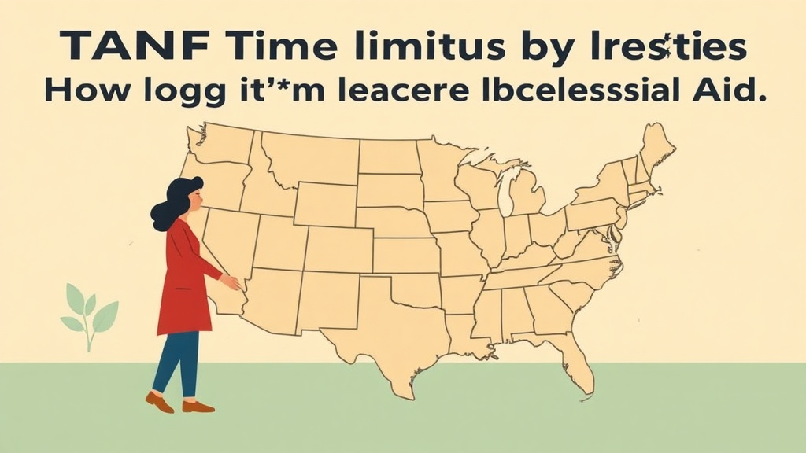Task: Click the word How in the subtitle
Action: (80, 88)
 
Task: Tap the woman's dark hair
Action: (175, 201)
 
